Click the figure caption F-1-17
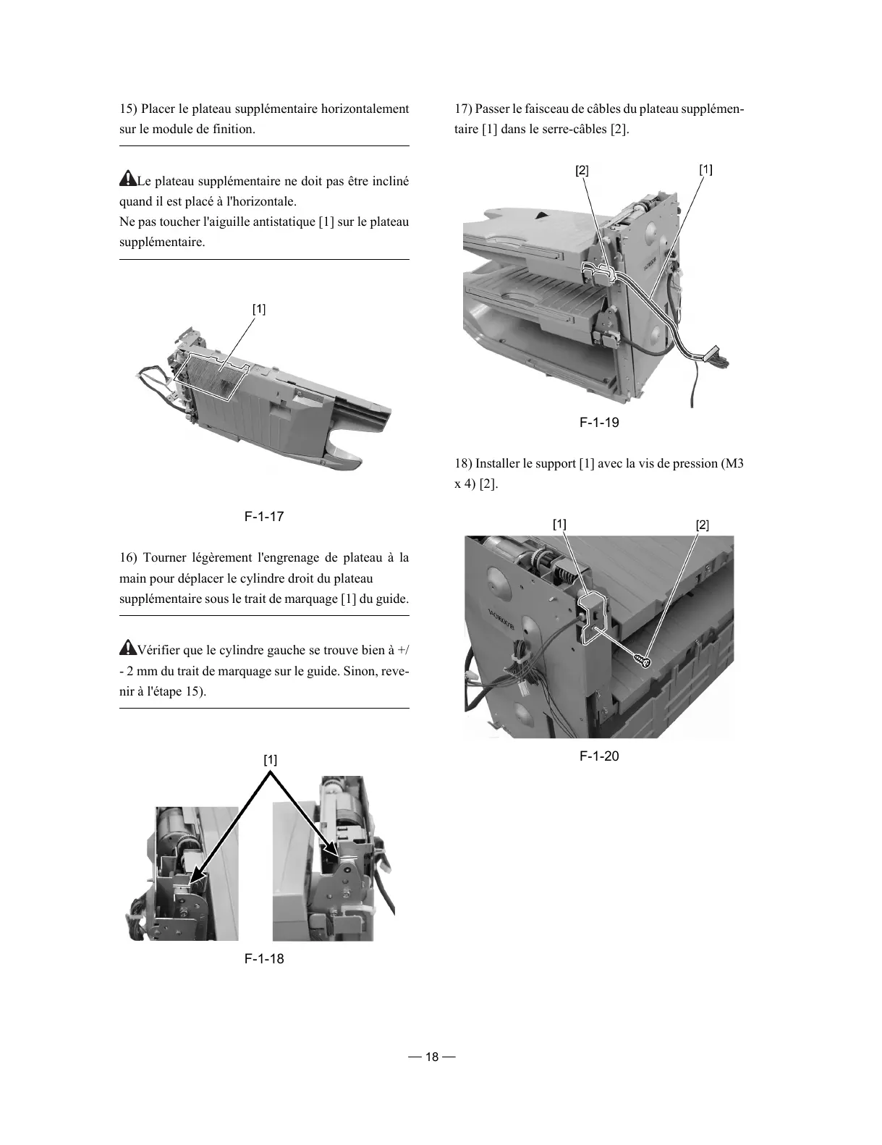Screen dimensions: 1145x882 [x=263, y=517]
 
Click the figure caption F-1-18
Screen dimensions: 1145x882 [x=263, y=958]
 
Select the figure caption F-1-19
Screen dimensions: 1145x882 [x=599, y=423]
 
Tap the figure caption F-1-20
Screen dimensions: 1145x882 [x=599, y=756]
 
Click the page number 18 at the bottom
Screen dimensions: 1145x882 [x=431, y=1057]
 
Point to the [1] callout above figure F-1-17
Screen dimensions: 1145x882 [x=259, y=309]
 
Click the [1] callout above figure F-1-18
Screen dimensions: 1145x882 [x=270, y=760]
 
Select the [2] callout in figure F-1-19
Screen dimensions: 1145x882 [x=582, y=171]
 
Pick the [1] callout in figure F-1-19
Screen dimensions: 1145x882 [x=705, y=169]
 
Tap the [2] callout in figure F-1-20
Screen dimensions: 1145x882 [x=702, y=525]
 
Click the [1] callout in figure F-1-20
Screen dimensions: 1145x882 [x=559, y=523]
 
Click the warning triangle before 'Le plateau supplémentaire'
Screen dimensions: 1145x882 [x=127, y=178]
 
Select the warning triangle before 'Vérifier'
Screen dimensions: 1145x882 [x=127, y=647]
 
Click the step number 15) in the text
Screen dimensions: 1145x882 [x=128, y=109]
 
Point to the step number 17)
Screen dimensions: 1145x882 [x=463, y=109]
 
